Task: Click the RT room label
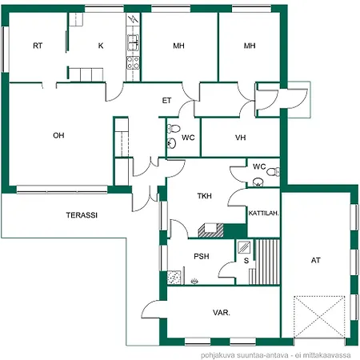pos(38,46)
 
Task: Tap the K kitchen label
pos(101,46)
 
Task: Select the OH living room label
pos(58,135)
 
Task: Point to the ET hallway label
pos(166,101)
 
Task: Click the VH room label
pos(240,138)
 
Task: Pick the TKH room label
pos(205,196)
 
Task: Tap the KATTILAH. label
pos(263,214)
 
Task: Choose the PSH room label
pos(202,257)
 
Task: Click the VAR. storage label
pos(222,313)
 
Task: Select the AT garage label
pos(315,260)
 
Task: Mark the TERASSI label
pos(82,215)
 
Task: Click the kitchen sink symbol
pos(133,42)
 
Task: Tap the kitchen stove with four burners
pos(133,63)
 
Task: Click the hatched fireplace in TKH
pos(210,230)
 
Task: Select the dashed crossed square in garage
pos(319,317)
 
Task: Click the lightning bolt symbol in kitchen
pos(133,19)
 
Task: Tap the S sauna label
pos(246,261)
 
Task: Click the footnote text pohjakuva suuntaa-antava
pos(245,355)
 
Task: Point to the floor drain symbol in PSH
pos(194,281)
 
